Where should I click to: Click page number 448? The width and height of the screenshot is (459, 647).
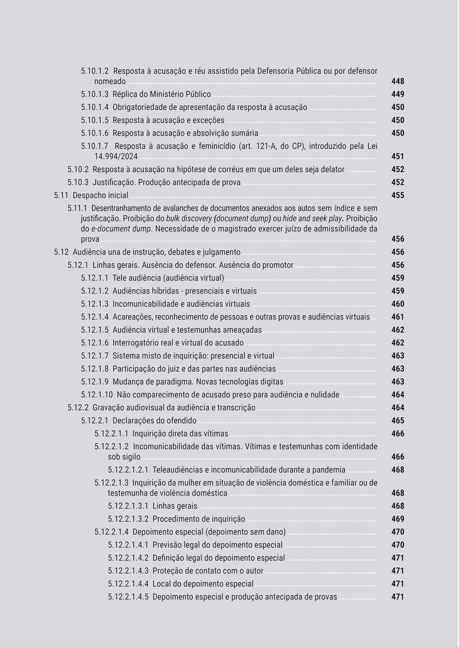[398, 81]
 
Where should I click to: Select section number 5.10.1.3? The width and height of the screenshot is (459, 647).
[94, 94]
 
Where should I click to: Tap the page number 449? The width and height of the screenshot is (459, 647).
[398, 94]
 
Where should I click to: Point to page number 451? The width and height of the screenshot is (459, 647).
[398, 156]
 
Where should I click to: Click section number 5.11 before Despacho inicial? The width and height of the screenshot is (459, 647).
[61, 195]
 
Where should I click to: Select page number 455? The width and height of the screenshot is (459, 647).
[398, 195]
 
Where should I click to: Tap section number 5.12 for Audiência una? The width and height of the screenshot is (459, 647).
[61, 252]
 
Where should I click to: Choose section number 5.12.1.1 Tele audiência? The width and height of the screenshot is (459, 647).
[94, 278]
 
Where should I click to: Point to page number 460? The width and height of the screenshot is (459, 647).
[398, 304]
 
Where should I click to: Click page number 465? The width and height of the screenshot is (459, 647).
[398, 420]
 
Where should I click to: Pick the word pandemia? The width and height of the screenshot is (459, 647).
[329, 470]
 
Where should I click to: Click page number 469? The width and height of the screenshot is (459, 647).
[398, 519]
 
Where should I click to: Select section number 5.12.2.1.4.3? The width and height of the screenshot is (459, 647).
[128, 571]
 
